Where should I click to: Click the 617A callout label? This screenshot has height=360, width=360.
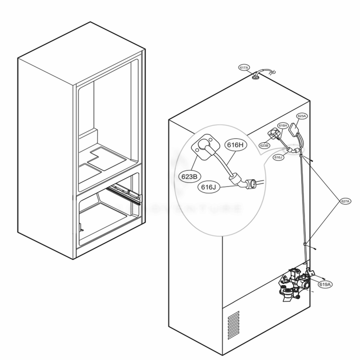click(244, 68)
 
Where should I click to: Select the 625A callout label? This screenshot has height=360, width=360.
click(301, 116)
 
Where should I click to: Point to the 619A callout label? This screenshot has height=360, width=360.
click(325, 284)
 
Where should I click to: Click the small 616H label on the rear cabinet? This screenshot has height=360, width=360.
click(283, 125)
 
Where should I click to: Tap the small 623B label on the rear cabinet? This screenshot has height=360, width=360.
click(264, 145)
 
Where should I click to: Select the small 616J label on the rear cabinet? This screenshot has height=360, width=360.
click(278, 157)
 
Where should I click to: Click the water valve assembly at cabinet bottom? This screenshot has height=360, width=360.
click(293, 283)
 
